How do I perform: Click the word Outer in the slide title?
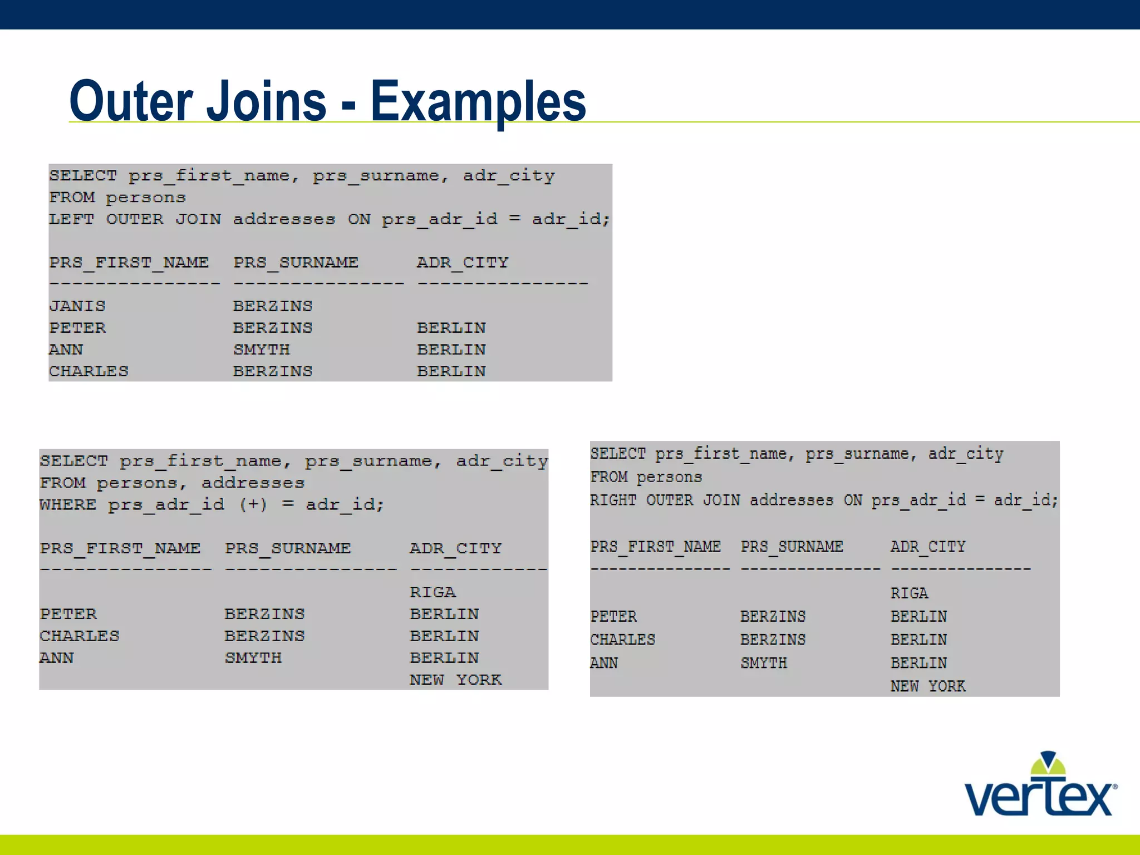click(x=132, y=101)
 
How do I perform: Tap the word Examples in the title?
click(x=478, y=102)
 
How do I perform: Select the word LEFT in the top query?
click(x=71, y=219)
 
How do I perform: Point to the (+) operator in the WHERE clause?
click(x=253, y=505)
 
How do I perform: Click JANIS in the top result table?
click(x=77, y=306)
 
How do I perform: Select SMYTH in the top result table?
click(x=262, y=350)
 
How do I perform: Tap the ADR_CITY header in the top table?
click(x=463, y=263)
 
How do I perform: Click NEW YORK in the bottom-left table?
click(x=456, y=680)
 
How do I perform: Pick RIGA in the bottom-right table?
click(x=909, y=593)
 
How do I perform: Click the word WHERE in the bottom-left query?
click(x=67, y=505)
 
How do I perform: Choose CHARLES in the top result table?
click(x=89, y=371)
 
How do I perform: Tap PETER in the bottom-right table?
click(x=613, y=617)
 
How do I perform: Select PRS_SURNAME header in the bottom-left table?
click(x=288, y=549)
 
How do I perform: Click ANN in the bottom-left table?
click(x=57, y=658)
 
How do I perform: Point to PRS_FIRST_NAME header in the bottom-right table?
click(x=656, y=547)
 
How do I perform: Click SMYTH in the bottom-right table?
click(x=764, y=663)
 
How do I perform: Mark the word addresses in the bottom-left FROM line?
click(x=253, y=483)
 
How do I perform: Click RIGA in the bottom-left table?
click(x=433, y=592)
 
